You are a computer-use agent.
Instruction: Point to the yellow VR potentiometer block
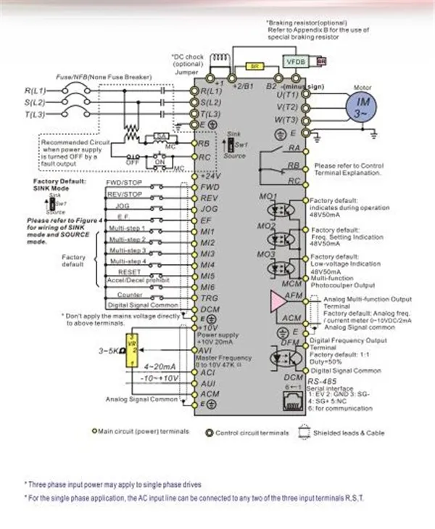tap(132, 353)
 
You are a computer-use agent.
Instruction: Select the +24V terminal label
tap(210, 176)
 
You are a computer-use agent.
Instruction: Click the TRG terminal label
tap(210, 298)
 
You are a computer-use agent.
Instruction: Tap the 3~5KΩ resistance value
tap(109, 351)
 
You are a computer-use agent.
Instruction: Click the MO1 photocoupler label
tap(268, 197)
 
